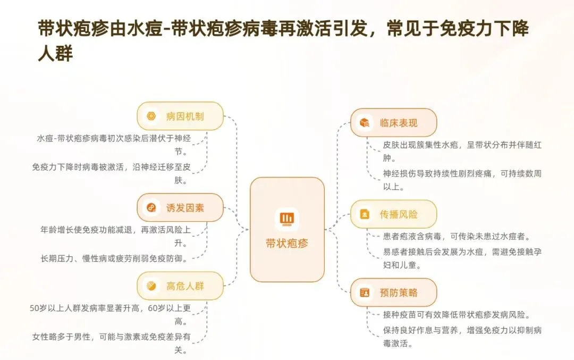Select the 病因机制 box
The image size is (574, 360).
(180, 116)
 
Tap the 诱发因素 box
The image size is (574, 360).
(180, 207)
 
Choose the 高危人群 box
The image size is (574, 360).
(180, 286)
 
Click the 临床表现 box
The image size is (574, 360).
(393, 123)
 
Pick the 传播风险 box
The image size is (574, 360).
(393, 214)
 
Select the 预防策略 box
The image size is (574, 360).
(393, 292)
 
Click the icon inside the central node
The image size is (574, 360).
(287, 219)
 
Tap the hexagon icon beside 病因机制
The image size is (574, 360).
(151, 116)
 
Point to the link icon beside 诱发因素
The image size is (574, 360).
(151, 207)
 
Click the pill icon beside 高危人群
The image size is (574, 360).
(151, 286)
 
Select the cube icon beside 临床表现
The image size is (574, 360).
(365, 123)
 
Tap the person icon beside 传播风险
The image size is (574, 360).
(365, 214)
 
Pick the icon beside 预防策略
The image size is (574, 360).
(365, 292)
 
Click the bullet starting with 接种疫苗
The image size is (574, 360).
(456, 315)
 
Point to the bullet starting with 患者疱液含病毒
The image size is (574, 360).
(456, 236)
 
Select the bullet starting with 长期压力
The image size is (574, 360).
(114, 258)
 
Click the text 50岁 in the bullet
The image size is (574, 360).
(39, 308)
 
